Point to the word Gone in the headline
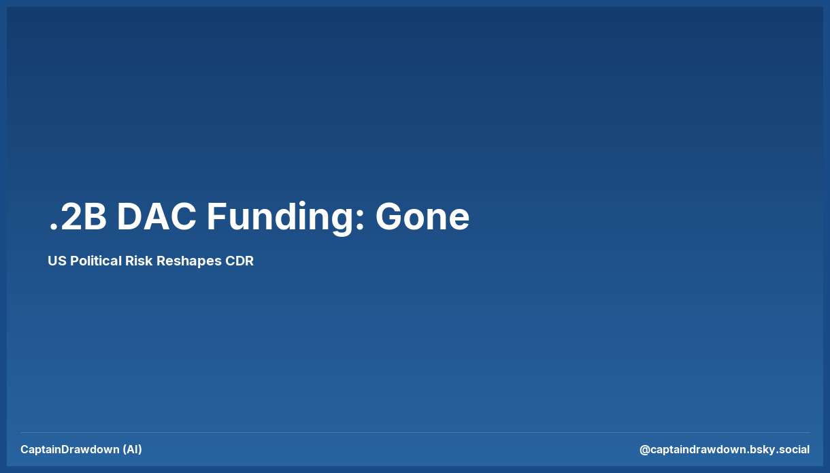422,217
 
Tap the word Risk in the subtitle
139,261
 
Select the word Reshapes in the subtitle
189,261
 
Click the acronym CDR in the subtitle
239,261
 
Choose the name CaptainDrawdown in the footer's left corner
70,449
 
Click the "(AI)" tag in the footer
133,449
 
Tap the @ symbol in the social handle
645,450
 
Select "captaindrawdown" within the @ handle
698,450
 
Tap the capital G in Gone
390,217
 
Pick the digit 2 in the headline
71,217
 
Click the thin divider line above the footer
415,432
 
